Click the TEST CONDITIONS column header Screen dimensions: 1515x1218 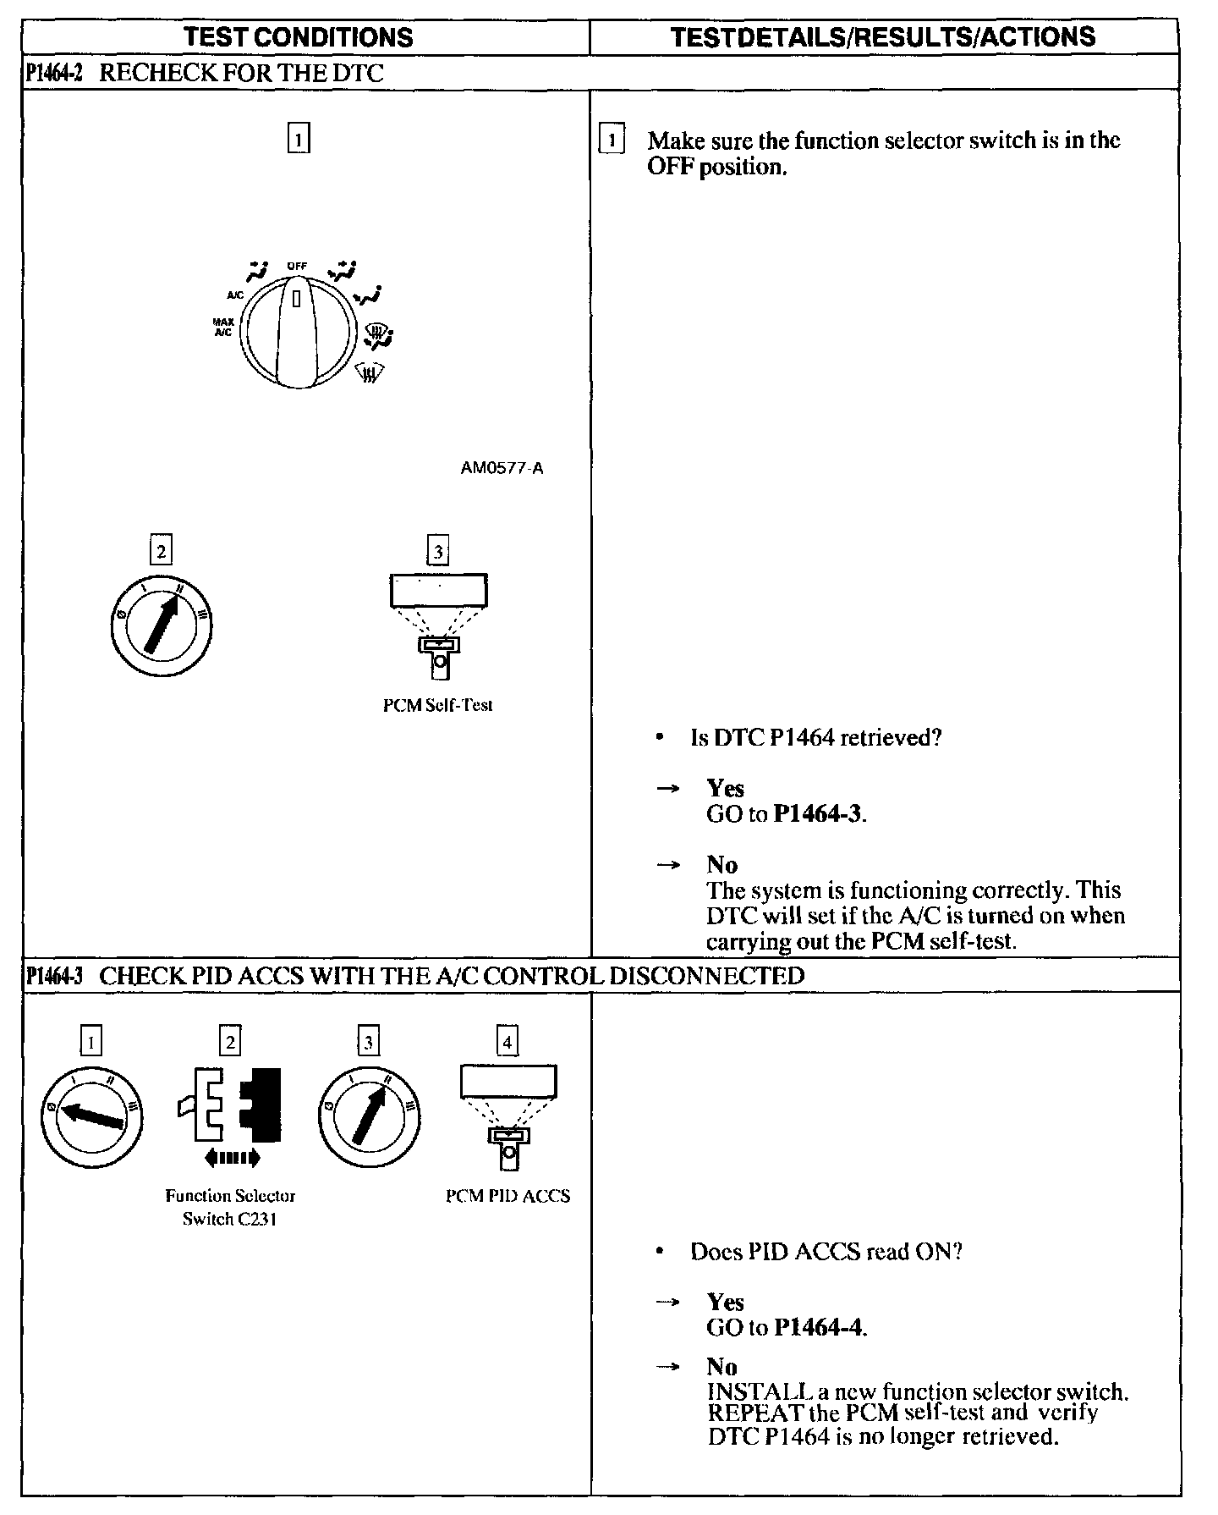[299, 37]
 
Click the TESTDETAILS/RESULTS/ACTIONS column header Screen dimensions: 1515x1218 [882, 37]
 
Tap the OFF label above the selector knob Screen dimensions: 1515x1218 [296, 266]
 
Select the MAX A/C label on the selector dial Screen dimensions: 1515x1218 [223, 328]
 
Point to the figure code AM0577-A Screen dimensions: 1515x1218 [502, 468]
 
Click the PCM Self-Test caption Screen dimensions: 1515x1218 [437, 705]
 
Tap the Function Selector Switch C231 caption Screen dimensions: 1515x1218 [230, 1207]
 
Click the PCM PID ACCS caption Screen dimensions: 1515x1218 [507, 1196]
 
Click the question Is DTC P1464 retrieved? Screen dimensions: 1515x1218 [815, 738]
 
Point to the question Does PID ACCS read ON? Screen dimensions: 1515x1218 [826, 1251]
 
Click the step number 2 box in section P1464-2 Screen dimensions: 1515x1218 [160, 551]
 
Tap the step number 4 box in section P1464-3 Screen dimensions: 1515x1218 [507, 1041]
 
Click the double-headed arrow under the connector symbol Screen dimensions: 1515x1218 [232, 1157]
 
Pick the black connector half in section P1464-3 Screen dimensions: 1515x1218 [262, 1105]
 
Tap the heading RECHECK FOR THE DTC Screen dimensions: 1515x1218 [242, 73]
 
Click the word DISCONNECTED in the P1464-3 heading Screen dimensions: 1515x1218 [706, 976]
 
